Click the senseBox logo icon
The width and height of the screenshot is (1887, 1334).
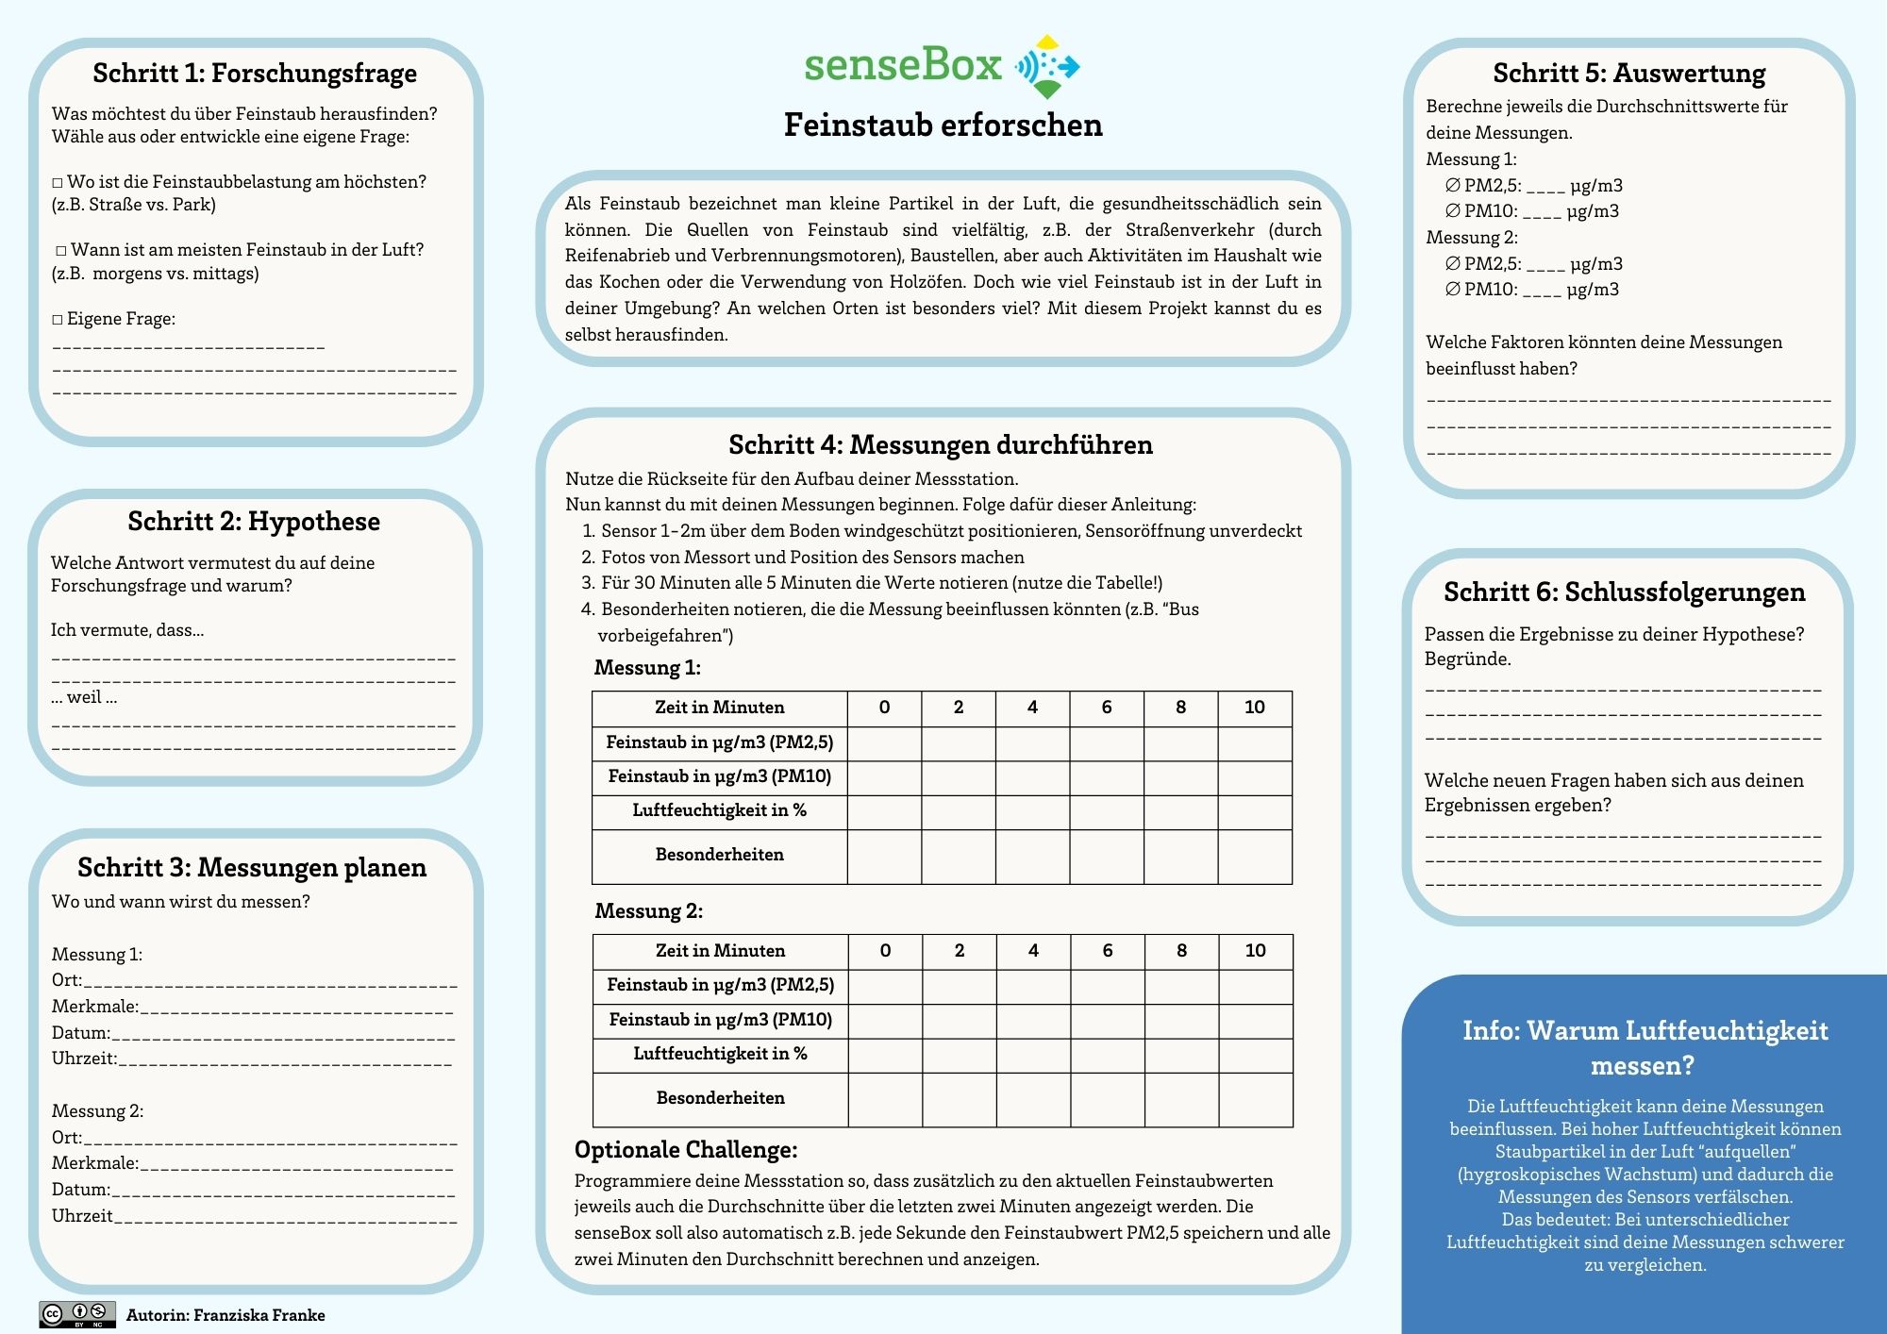point(1047,67)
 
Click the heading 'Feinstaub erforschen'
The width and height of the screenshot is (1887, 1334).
point(943,125)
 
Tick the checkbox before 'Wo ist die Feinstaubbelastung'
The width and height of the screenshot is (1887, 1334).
point(58,182)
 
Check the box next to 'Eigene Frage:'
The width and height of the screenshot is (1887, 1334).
point(58,320)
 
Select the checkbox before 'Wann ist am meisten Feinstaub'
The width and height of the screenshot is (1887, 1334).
point(61,251)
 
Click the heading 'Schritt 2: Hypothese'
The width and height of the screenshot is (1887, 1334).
point(254,522)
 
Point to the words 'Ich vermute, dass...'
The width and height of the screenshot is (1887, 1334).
point(127,630)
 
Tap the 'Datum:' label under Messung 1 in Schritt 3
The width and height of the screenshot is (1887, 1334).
point(80,1033)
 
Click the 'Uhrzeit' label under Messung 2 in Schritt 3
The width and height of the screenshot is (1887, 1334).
point(82,1216)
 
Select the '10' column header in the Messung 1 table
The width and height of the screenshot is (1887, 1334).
point(1254,708)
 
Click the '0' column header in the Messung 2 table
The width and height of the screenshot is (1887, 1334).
point(885,951)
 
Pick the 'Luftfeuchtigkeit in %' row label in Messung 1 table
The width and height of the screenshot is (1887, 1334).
point(719,810)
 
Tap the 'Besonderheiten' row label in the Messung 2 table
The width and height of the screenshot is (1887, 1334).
point(720,1098)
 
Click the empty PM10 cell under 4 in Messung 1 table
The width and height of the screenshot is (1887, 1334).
point(1032,777)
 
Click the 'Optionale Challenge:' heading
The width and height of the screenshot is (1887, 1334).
point(686,1150)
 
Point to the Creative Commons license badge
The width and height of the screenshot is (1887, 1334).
point(77,1314)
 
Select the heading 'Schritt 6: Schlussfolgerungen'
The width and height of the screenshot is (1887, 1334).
point(1624,592)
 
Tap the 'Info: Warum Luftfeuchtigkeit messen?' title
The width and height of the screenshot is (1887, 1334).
point(1645,1048)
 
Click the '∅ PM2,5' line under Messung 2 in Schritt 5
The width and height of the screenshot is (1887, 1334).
point(1533,264)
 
